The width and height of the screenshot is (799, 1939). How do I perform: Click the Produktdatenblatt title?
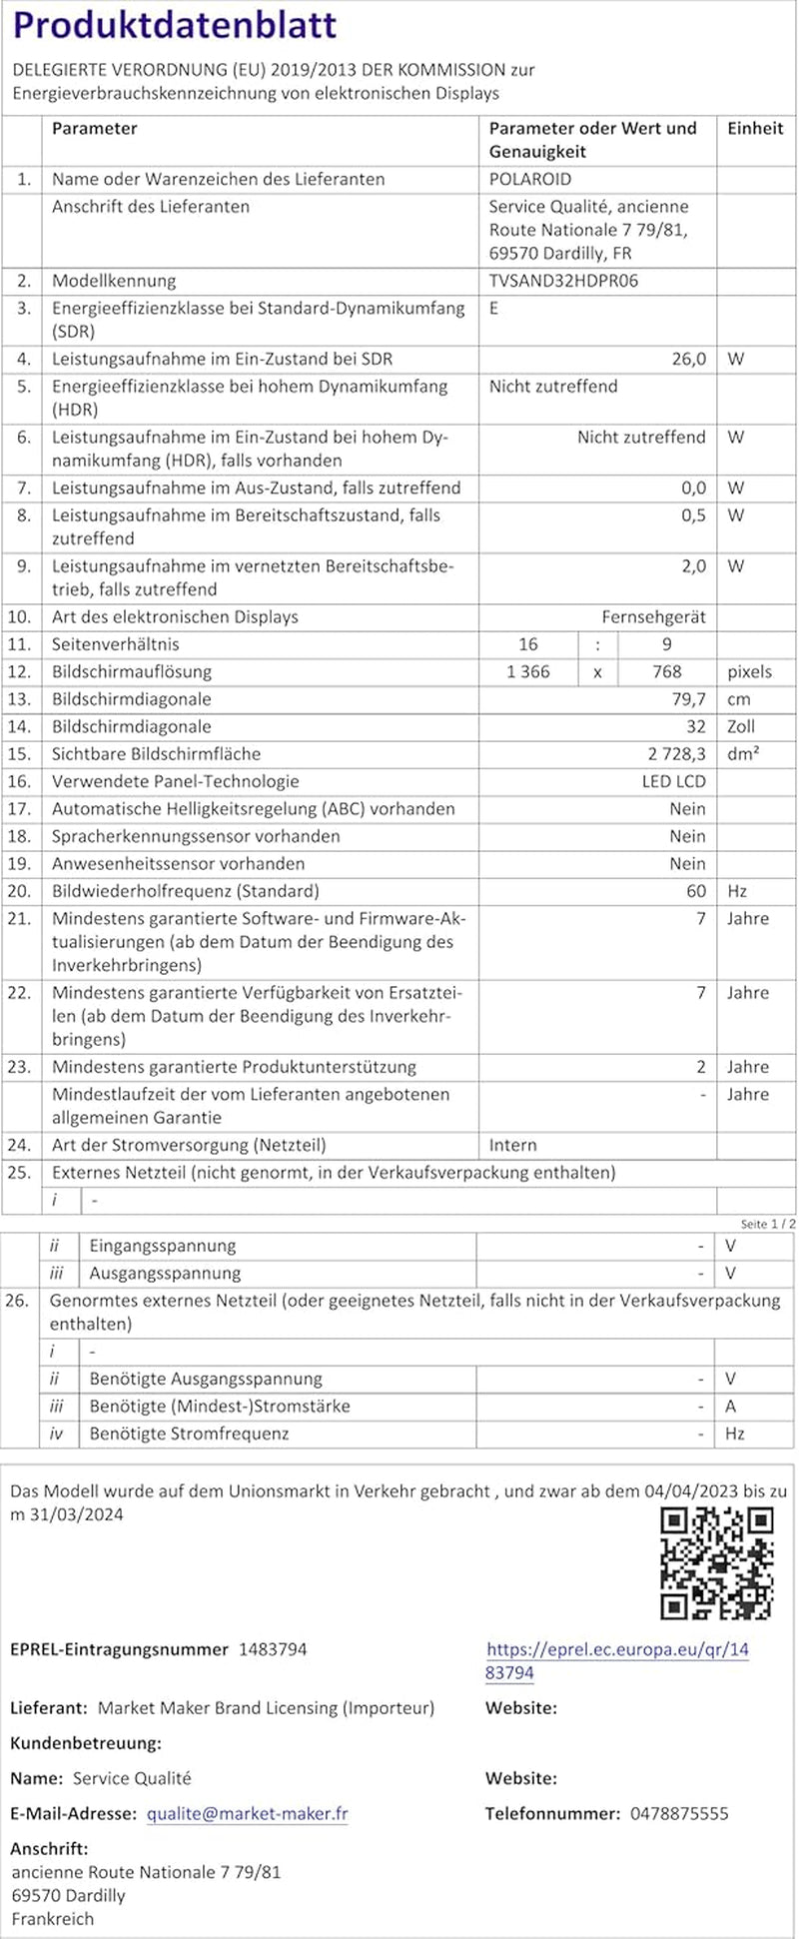[x=175, y=26]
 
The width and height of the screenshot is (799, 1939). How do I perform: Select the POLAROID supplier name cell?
[x=529, y=180]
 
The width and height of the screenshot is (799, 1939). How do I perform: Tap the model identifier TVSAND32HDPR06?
[x=563, y=281]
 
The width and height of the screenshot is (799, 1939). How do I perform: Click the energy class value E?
[x=494, y=309]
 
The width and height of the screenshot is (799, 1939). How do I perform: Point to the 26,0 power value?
[x=688, y=359]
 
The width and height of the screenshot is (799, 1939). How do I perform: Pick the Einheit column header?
[x=755, y=129]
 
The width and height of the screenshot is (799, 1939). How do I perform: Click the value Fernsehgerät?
[x=653, y=617]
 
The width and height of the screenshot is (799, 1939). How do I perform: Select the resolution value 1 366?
[x=528, y=672]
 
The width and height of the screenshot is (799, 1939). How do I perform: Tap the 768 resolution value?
[x=666, y=672]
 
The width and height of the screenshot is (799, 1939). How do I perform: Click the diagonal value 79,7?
[x=689, y=699]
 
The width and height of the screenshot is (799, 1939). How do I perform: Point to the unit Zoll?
[x=741, y=727]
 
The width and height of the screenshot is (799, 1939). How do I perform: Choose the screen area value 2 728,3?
[x=676, y=754]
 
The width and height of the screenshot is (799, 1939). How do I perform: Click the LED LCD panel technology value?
[x=673, y=782]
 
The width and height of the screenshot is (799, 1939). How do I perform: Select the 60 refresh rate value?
[x=695, y=891]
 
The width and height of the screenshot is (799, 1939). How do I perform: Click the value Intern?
[x=512, y=1146]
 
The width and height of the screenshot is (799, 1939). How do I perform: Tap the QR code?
[x=717, y=1563]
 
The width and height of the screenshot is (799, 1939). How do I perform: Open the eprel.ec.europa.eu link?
[x=617, y=1660]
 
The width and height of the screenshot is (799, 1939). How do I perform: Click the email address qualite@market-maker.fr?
[x=247, y=1813]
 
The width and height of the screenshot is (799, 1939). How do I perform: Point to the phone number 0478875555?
[x=679, y=1813]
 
